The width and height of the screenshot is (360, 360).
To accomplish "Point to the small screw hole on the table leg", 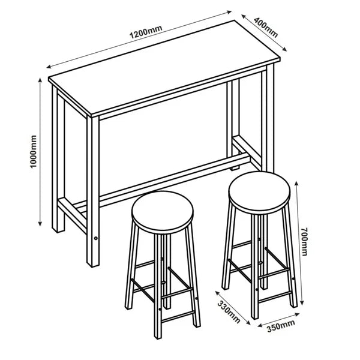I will tap(96, 239).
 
